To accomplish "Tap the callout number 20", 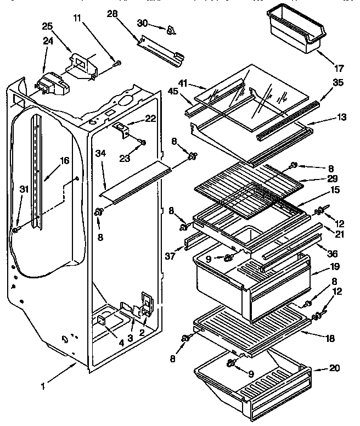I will tap(334, 369).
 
